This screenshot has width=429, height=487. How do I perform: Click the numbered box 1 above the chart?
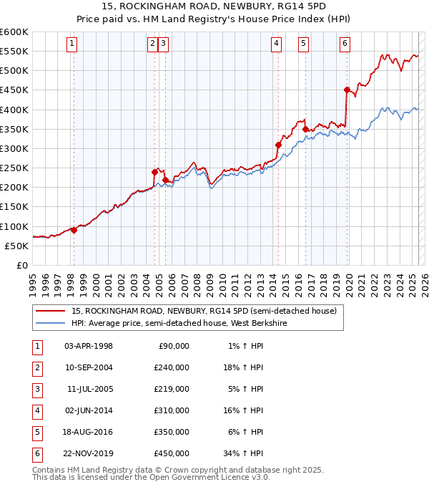pyautogui.click(x=73, y=44)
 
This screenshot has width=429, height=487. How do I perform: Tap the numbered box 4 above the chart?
pyautogui.click(x=276, y=44)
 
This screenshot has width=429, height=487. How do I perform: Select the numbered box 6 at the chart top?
pyautogui.click(x=345, y=44)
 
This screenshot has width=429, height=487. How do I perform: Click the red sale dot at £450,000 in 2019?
pyautogui.click(x=347, y=90)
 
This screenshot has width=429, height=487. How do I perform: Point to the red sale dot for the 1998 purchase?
pyautogui.click(x=74, y=230)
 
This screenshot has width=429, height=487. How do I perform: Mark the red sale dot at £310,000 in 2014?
pyautogui.click(x=278, y=145)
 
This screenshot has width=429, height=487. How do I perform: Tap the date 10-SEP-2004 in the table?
pyautogui.click(x=89, y=367)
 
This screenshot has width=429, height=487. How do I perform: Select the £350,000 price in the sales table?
pyautogui.click(x=171, y=432)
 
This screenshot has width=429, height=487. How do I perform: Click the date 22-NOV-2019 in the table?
pyautogui.click(x=89, y=453)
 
